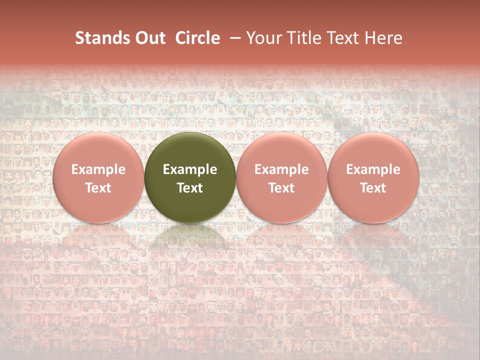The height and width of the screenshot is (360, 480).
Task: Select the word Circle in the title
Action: [197, 38]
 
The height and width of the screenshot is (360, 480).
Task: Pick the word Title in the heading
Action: [302, 38]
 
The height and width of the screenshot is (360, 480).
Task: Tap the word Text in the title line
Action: [341, 38]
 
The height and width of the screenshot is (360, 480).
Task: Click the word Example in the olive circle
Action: [190, 169]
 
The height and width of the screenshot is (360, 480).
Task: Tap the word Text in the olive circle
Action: [190, 188]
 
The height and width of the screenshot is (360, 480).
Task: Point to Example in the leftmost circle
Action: [98, 169]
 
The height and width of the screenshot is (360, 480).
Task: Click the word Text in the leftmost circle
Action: [98, 188]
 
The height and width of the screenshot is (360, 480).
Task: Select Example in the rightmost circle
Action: [373, 169]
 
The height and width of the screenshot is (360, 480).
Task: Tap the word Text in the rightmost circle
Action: [373, 188]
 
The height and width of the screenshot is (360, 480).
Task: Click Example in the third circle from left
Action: [281, 169]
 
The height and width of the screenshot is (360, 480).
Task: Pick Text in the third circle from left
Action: [281, 188]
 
